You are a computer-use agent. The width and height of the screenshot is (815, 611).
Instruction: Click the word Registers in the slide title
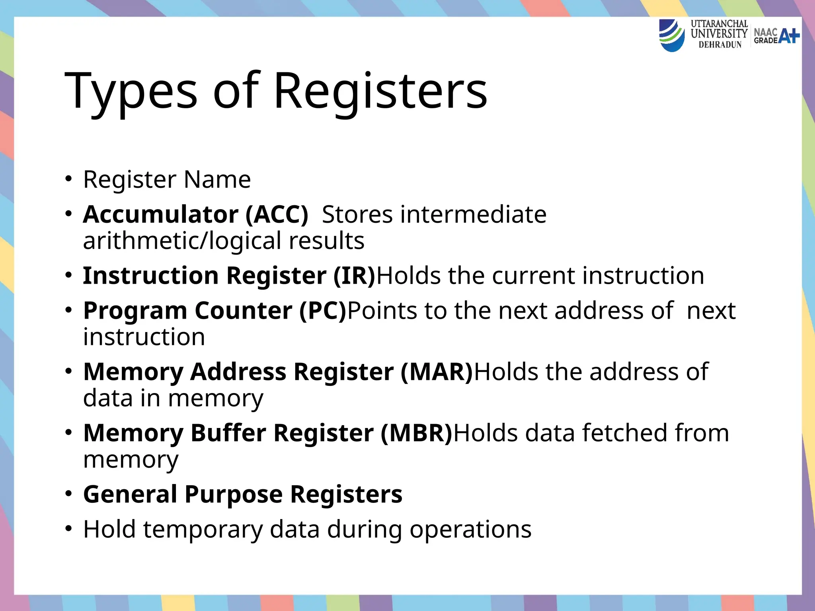tap(380, 91)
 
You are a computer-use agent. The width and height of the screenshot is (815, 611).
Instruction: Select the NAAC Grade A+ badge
tap(776, 36)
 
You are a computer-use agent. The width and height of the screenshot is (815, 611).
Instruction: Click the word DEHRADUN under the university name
tap(720, 45)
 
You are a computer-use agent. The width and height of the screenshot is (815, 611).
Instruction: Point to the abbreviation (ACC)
tap(277, 215)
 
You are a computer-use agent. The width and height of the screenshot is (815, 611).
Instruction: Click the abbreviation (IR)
tap(354, 276)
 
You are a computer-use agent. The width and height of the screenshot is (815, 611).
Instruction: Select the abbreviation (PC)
tap(323, 311)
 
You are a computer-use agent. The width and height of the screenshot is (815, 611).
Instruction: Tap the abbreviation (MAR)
tap(437, 372)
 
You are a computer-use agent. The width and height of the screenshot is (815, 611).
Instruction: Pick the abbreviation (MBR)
tap(417, 433)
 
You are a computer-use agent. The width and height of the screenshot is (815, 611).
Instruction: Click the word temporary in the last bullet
tap(203, 529)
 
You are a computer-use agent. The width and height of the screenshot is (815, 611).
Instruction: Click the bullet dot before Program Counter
tap(69, 310)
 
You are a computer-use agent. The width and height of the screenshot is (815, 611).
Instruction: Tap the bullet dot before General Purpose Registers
tap(69, 494)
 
